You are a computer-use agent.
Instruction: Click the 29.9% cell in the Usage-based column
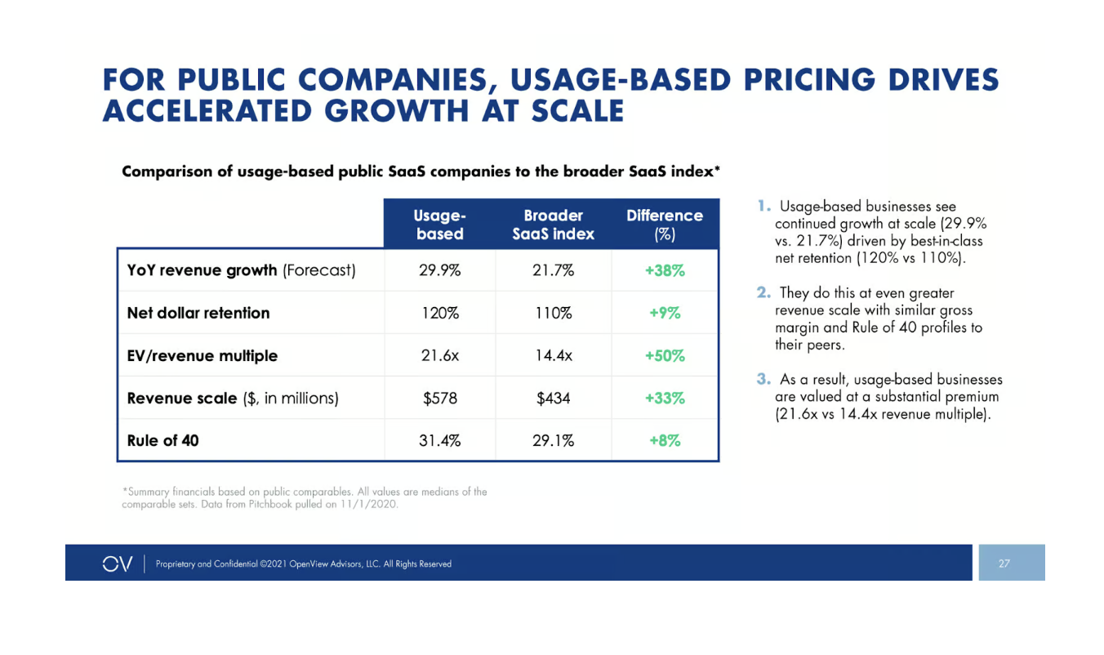coord(439,270)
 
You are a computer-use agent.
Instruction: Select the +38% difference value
coord(666,270)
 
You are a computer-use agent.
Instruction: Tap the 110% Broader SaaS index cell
coord(553,313)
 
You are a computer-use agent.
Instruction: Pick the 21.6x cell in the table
coord(439,355)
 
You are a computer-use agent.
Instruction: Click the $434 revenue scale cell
coord(553,398)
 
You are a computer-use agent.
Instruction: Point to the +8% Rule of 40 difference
coord(666,440)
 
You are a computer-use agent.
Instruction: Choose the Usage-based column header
coord(439,225)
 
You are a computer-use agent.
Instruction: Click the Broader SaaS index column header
coord(553,225)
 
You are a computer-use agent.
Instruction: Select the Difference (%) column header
coord(665,225)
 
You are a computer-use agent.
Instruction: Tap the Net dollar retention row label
coord(198,313)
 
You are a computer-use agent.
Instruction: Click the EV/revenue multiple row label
coord(203,355)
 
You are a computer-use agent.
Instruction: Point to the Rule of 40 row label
coord(163,440)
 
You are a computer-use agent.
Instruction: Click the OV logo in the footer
coord(118,564)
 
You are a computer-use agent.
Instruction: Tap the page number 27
coord(1004,564)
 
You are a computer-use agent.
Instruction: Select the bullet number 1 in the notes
coord(762,207)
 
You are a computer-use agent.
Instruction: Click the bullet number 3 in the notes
coord(762,379)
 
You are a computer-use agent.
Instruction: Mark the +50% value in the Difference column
coord(666,355)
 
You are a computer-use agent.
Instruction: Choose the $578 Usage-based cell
coord(439,398)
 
